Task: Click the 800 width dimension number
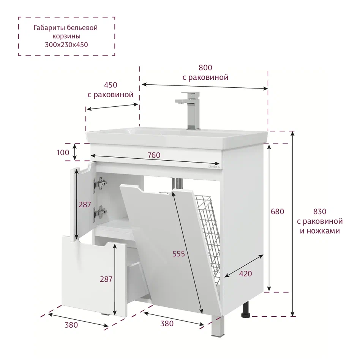205,68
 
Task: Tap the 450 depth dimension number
111,85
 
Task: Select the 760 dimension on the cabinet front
154,155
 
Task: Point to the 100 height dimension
63,152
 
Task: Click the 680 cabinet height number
277,212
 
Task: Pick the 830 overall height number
320,212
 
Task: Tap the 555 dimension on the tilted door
178,254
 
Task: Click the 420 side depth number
245,274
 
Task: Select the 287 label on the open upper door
85,205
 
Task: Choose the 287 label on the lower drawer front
106,279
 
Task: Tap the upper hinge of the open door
100,184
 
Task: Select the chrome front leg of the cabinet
218,327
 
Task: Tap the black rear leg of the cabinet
246,310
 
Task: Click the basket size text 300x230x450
66,44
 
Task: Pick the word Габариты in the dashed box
49,28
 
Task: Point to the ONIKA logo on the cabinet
214,167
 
